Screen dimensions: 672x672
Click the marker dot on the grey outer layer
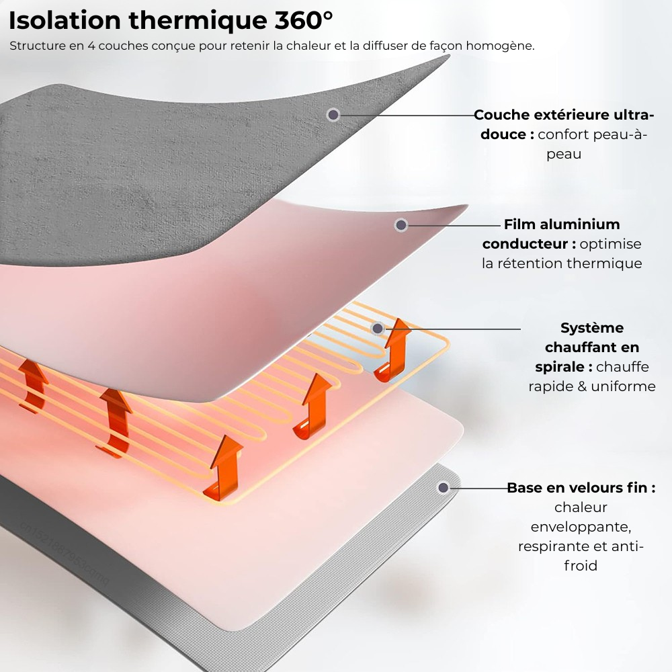point(333,115)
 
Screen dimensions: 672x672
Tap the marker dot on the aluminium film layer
point(401,225)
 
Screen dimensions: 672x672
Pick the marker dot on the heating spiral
point(378,329)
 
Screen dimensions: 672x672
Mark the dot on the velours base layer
point(444,488)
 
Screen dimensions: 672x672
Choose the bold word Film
point(519,224)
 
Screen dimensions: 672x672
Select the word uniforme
point(623,386)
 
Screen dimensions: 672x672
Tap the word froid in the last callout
point(581,566)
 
